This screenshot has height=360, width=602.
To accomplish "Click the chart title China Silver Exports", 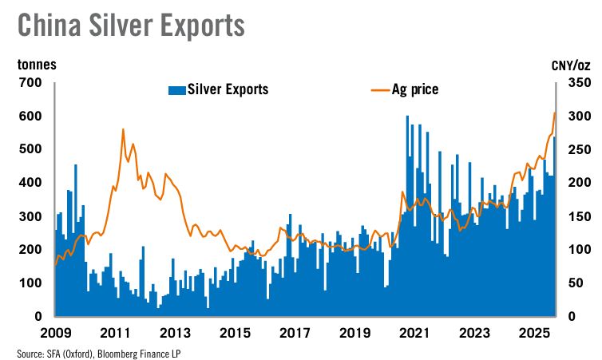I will tap(131, 25).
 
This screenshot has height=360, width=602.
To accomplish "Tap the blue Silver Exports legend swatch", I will tap(176, 89).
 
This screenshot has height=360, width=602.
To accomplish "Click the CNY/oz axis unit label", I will tap(571, 65).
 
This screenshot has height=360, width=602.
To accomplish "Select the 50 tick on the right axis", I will tap(577, 283).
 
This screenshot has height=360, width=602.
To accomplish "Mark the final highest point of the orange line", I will tap(555, 113).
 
